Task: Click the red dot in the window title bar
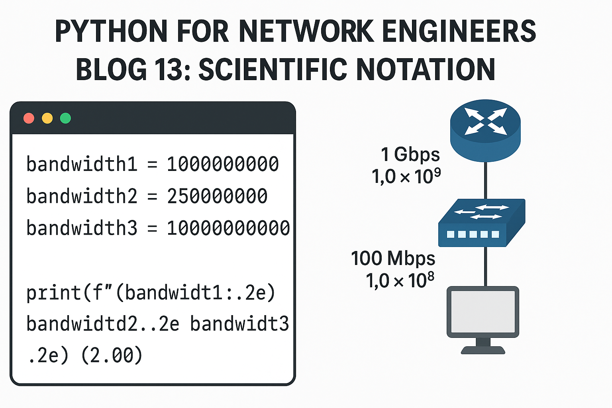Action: [x=29, y=118]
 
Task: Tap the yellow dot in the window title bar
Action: [x=47, y=118]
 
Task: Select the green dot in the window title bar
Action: [x=65, y=118]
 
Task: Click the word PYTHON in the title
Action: [x=111, y=31]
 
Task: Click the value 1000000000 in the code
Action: [x=223, y=164]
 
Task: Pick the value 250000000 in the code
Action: [x=217, y=196]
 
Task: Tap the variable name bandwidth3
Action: [x=82, y=228]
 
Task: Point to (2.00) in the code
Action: [x=112, y=355]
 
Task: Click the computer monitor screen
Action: [x=483, y=311]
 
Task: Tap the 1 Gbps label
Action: [x=410, y=155]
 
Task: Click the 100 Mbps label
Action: [x=393, y=258]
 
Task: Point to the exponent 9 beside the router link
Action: [x=437, y=172]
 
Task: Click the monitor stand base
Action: [x=483, y=350]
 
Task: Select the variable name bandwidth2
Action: [x=82, y=196]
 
